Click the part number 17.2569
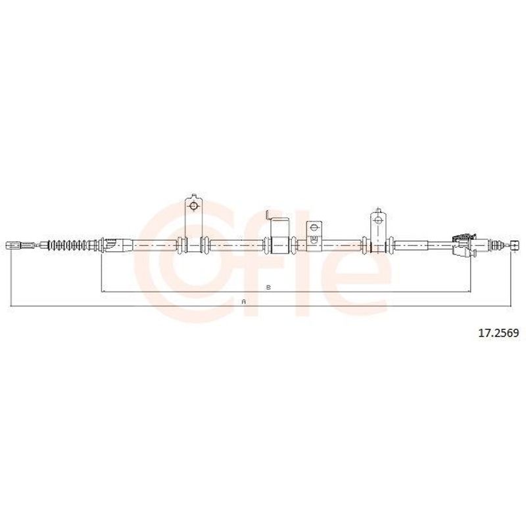pyautogui.click(x=503, y=333)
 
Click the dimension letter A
pyautogui.click(x=244, y=302)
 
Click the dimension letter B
pyautogui.click(x=268, y=287)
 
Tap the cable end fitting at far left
pyautogui.click(x=14, y=245)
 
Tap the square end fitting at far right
pyautogui.click(x=515, y=245)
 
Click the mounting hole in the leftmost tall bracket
pyautogui.click(x=193, y=206)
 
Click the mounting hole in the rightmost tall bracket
pyautogui.click(x=378, y=221)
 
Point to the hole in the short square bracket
pyautogui.click(x=314, y=227)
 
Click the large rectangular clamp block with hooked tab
pyautogui.click(x=280, y=235)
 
